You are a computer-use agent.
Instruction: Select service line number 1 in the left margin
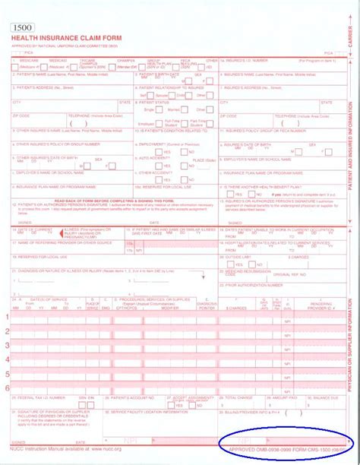click(8, 317)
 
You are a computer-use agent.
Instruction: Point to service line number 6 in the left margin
click(8, 387)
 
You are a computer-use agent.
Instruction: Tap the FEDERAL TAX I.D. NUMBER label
click(34, 397)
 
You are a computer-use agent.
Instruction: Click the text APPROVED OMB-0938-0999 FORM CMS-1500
click(281, 450)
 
